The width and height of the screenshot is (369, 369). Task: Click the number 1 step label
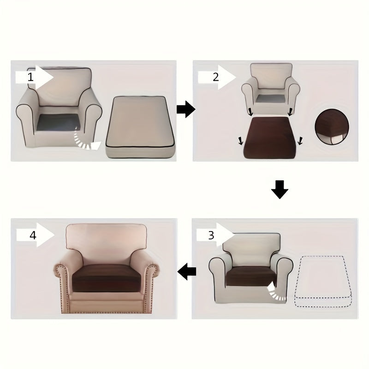coord(31,77)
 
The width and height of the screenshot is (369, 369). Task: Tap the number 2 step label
coord(215,77)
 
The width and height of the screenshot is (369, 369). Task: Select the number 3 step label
coord(211,235)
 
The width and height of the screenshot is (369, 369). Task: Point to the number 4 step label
coord(33,235)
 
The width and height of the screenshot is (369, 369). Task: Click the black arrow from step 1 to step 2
coord(186,110)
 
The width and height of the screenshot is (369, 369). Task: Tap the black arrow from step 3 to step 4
coord(187,271)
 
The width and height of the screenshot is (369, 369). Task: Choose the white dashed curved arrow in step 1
coord(88,140)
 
